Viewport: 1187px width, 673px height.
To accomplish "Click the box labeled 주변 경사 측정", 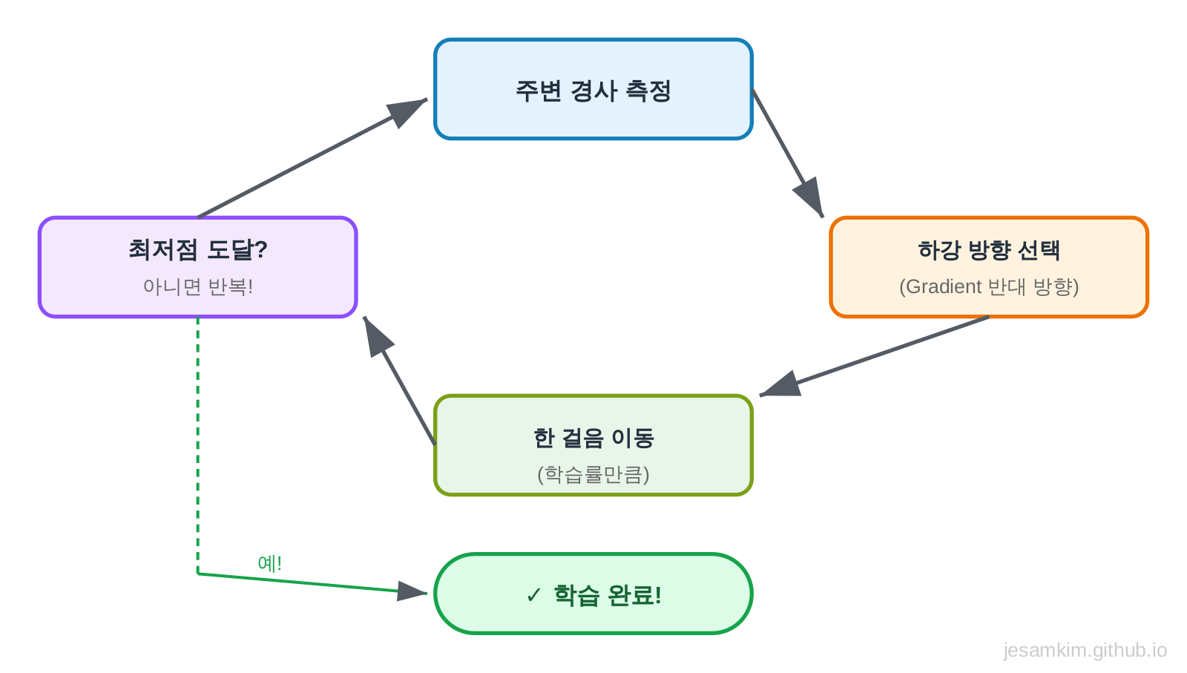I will tap(593, 90).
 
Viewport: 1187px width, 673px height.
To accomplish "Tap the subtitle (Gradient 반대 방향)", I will tap(988, 286).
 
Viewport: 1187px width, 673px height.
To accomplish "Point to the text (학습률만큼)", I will tap(593, 474).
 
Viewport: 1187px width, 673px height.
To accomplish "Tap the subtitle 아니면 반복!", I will tap(197, 286).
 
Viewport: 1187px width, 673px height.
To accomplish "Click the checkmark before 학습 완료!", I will tap(533, 595).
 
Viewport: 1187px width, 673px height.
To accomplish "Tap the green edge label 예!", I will tap(269, 563).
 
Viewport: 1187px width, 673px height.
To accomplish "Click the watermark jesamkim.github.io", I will tap(1085, 650).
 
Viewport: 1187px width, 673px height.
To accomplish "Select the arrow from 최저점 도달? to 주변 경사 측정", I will tap(297, 166).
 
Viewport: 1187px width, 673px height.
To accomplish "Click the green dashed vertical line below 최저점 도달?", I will tap(198, 445).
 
